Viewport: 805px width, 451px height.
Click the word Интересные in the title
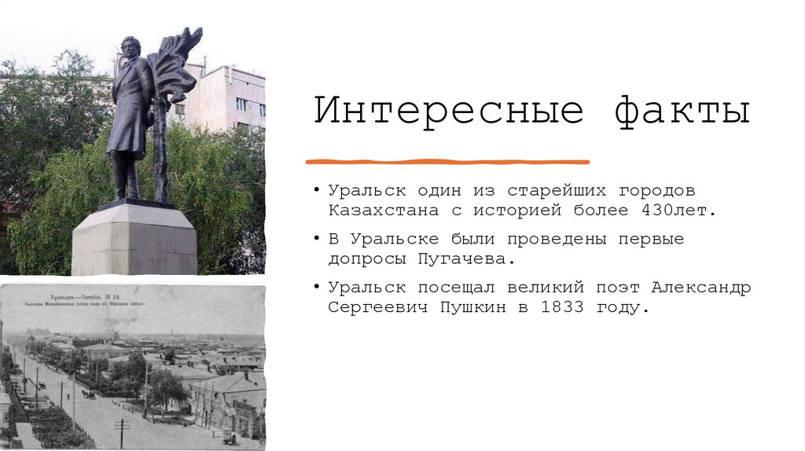click(449, 112)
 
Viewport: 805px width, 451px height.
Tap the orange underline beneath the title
click(447, 162)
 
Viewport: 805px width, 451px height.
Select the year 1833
click(562, 307)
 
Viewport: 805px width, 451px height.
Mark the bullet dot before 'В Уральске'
click(316, 238)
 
